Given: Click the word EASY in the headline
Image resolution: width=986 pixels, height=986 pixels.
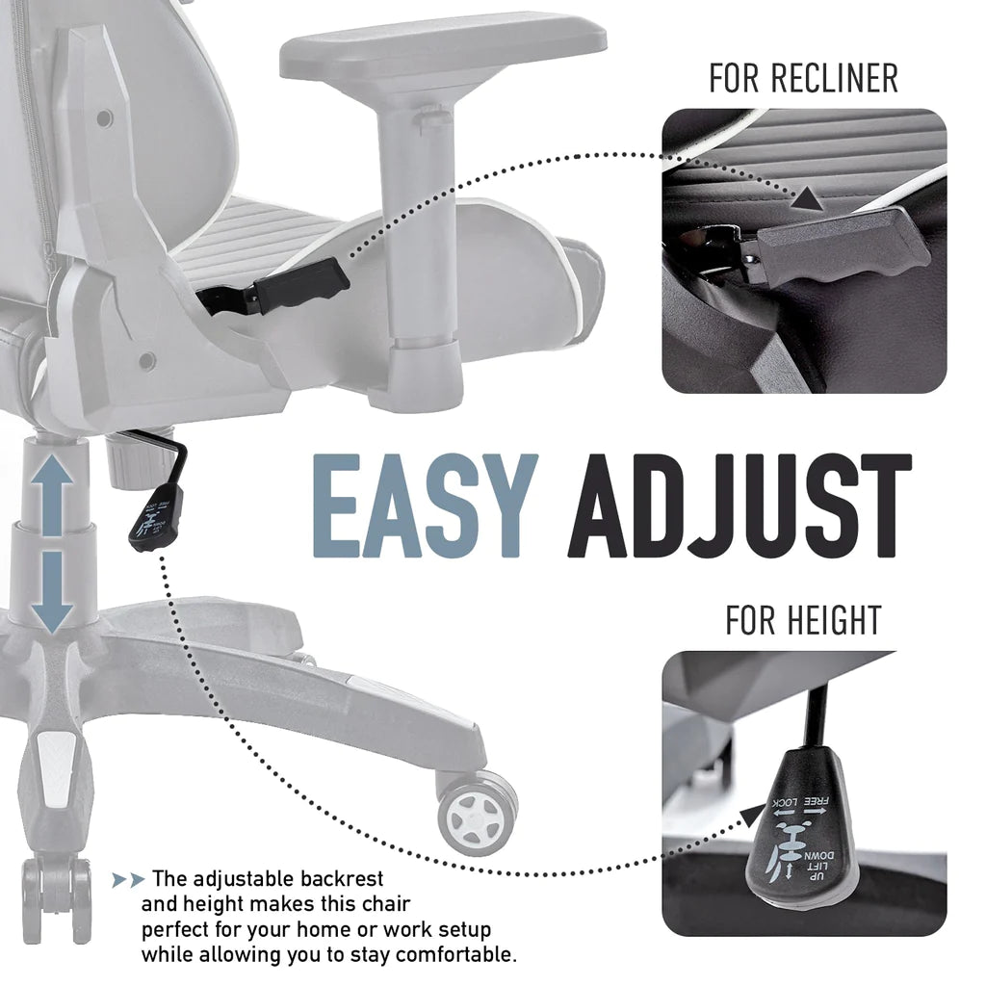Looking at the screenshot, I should (423, 508).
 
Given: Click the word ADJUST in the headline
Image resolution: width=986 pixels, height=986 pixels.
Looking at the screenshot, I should (739, 508).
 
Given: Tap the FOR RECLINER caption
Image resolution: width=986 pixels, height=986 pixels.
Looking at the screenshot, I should (803, 79).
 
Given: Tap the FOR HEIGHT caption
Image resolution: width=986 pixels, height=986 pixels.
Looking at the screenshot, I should (803, 621).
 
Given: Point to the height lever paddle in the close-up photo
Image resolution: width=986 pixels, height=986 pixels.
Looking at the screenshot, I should (799, 847).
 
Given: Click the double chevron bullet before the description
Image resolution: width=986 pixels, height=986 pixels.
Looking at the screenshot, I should (128, 880).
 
